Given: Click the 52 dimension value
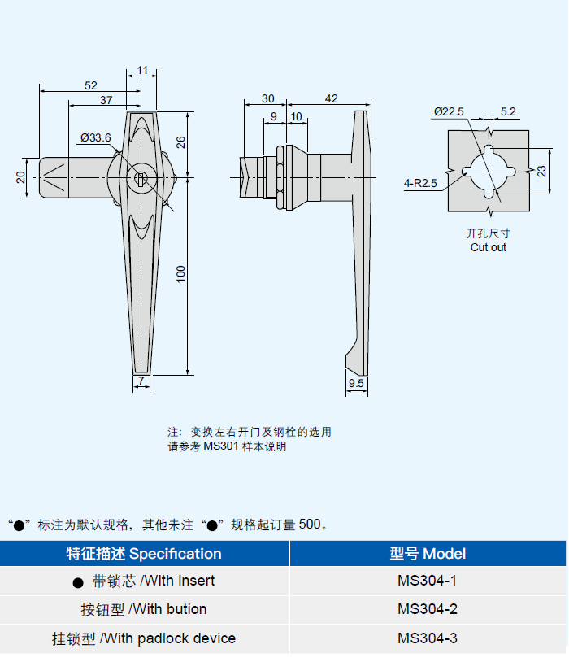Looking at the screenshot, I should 90,85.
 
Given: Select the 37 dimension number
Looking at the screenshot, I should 106,100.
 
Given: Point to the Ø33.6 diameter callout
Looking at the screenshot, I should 95,137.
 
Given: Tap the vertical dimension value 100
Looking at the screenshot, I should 181,274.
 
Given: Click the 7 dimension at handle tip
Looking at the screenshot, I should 141,381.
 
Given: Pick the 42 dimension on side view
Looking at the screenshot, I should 331,98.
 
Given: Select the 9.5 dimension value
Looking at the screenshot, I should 355,382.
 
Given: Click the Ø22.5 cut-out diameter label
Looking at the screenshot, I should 448,111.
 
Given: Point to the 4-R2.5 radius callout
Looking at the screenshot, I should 420,183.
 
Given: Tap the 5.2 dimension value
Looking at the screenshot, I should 508,111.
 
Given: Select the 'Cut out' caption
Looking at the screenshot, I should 488,247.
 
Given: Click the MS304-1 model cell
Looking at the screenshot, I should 428,581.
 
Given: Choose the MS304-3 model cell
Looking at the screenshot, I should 428,638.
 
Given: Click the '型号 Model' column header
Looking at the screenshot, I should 428,554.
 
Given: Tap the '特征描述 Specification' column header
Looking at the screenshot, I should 144,554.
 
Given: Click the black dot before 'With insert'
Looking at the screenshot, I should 78,582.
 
